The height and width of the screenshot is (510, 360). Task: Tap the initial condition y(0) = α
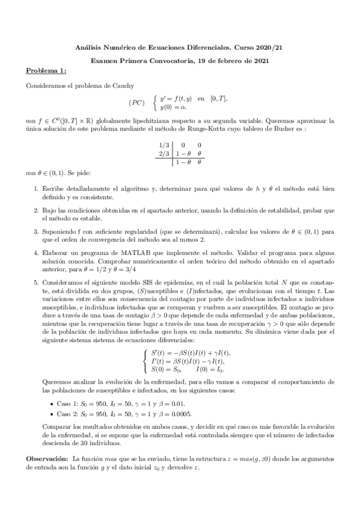pyautogui.click(x=174, y=107)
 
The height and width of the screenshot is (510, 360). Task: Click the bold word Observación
pyautogui.click(x=47, y=458)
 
